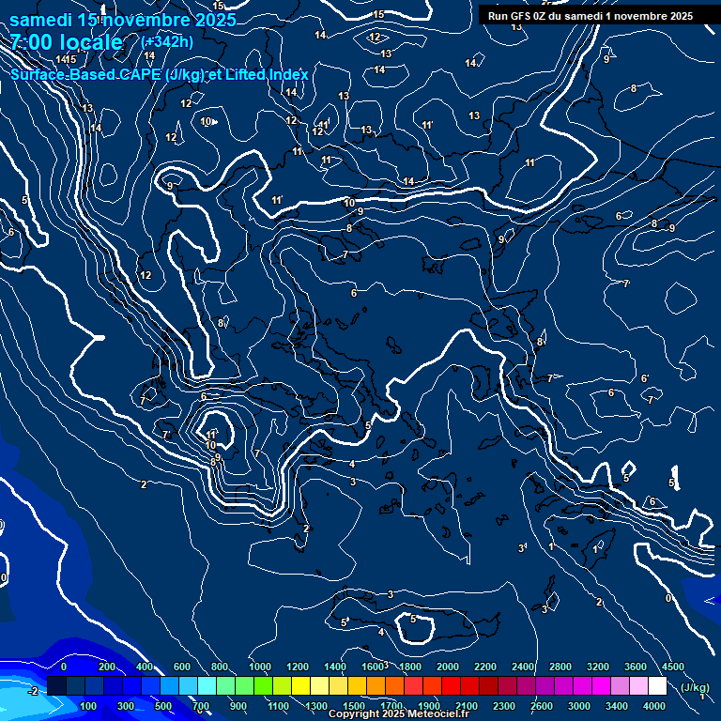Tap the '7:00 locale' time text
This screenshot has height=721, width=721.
[x=67, y=42]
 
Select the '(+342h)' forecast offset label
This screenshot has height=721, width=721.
[x=167, y=42]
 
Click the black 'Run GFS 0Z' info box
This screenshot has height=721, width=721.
[x=591, y=15]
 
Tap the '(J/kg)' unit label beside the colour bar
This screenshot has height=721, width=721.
[x=695, y=687]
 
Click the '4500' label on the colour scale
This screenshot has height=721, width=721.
[x=673, y=667]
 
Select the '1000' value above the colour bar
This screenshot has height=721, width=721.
[x=260, y=667]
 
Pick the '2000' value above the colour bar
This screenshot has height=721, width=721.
[x=448, y=667]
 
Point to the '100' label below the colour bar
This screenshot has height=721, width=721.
[x=89, y=706]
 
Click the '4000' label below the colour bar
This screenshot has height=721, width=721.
[x=654, y=706]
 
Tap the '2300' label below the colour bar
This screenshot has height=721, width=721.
[x=504, y=706]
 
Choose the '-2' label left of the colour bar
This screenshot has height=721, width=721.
[x=32, y=691]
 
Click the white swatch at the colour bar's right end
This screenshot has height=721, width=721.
[x=657, y=686]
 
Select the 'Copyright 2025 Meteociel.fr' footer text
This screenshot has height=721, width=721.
[x=398, y=714]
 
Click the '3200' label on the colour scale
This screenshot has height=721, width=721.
[x=598, y=667]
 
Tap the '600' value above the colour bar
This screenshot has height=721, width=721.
[x=182, y=667]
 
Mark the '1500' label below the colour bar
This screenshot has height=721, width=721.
[x=354, y=706]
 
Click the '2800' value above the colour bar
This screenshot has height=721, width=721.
[x=560, y=667]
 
